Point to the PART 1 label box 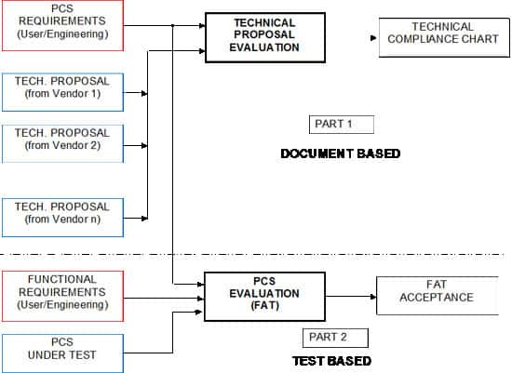click(341, 125)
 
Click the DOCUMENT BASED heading click(340, 153)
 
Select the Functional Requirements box click(61, 292)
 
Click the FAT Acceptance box click(437, 297)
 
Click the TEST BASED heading click(332, 360)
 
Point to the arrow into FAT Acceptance click(371, 298)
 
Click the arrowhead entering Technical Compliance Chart click(373, 38)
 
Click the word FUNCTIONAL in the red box click(61, 279)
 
